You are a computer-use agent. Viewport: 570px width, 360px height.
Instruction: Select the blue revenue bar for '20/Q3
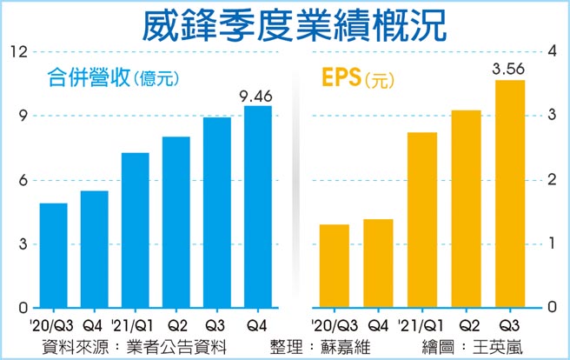tap(54, 256)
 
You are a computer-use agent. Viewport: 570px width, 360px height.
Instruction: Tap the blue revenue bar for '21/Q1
tap(135, 230)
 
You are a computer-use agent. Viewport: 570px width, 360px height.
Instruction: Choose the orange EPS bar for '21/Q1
tap(422, 220)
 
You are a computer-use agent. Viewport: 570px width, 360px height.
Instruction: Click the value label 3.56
tap(508, 70)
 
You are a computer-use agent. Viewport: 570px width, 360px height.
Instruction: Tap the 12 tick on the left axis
tap(17, 51)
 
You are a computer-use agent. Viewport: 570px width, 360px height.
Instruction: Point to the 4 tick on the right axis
tap(550, 51)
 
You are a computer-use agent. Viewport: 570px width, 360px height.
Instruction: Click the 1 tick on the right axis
tap(550, 243)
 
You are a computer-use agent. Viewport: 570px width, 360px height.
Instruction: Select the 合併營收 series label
tap(85, 78)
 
